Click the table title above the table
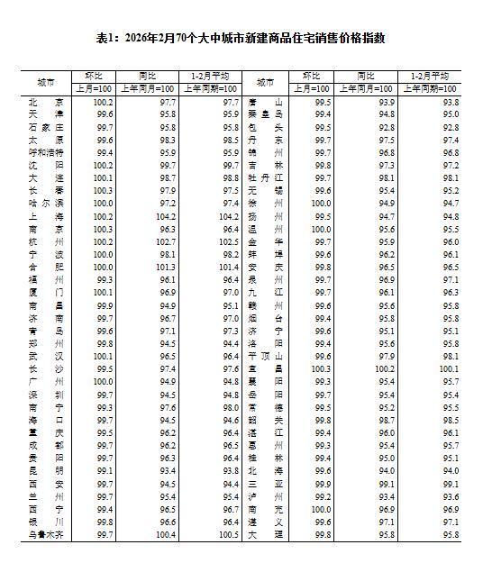241,38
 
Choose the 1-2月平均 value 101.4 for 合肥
224,268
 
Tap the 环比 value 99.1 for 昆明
103,471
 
